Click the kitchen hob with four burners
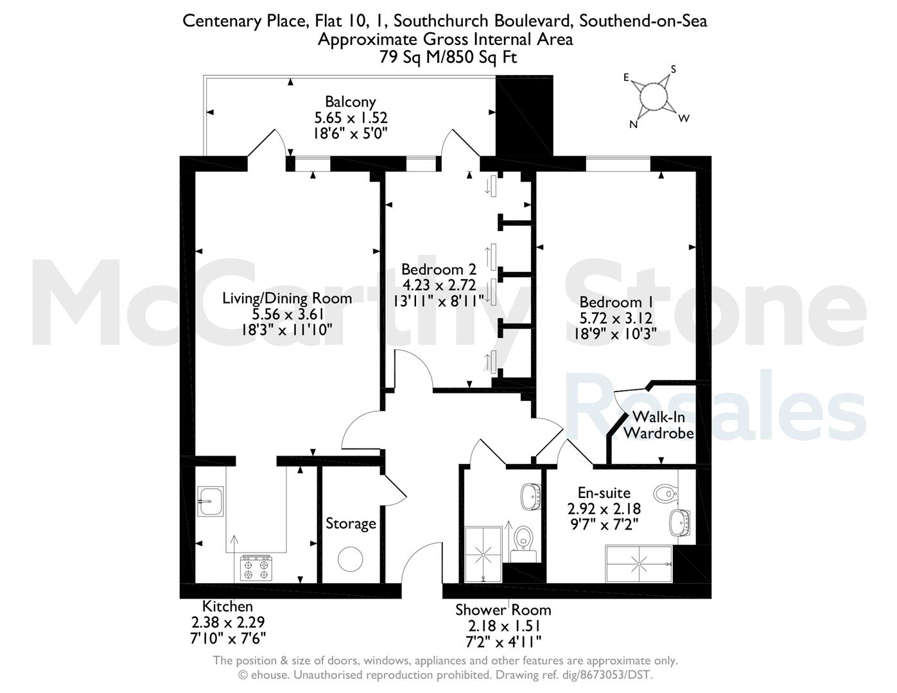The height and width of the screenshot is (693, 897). [256, 568]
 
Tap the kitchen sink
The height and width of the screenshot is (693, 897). [211, 501]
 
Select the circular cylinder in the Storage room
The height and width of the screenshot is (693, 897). [350, 560]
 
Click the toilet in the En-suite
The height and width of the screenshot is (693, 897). [665, 493]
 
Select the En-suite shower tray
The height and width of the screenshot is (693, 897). [639, 563]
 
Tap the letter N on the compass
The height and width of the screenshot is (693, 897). [633, 124]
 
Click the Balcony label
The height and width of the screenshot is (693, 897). [351, 101]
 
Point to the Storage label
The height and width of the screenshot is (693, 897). [351, 523]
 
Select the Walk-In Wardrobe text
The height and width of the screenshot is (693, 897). [658, 425]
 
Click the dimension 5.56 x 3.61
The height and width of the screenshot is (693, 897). [288, 314]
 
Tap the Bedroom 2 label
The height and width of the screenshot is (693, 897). [439, 269]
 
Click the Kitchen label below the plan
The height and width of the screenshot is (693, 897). [227, 606]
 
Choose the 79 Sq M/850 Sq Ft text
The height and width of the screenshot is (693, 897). [448, 57]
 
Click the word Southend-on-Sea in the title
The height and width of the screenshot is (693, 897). [643, 21]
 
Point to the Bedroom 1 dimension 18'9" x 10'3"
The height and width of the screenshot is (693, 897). [615, 334]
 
